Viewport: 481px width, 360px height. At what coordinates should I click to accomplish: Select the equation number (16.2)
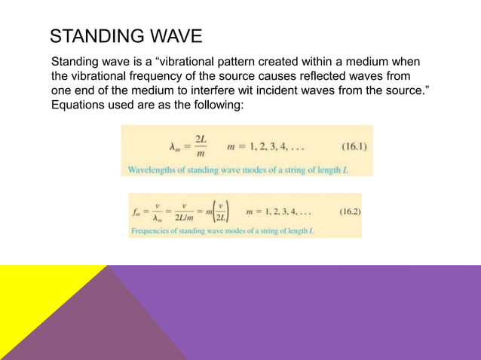click(346, 212)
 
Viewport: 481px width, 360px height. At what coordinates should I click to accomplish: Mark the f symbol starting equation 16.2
click(137, 212)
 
